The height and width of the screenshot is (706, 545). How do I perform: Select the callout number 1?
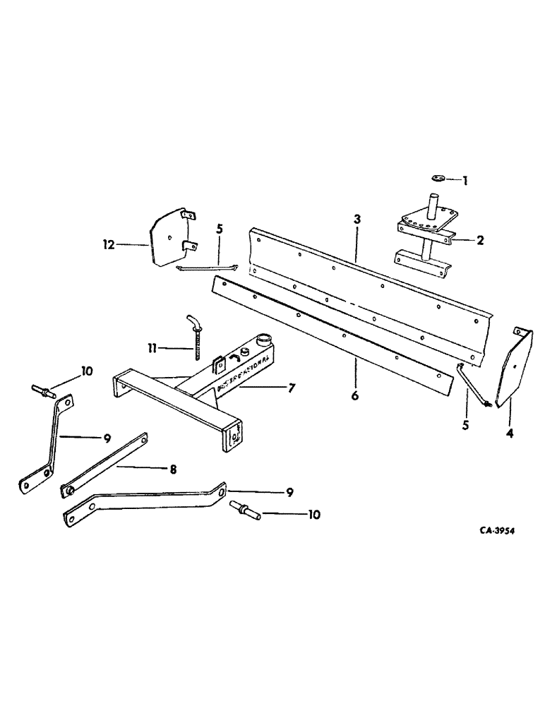pyautogui.click(x=465, y=181)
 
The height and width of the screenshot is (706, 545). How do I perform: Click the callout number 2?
pyautogui.click(x=480, y=240)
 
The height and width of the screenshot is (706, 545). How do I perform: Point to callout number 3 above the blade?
pyautogui.click(x=358, y=220)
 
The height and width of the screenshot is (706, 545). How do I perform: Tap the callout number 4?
pyautogui.click(x=509, y=433)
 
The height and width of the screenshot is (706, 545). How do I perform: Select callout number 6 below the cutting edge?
pyautogui.click(x=355, y=396)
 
